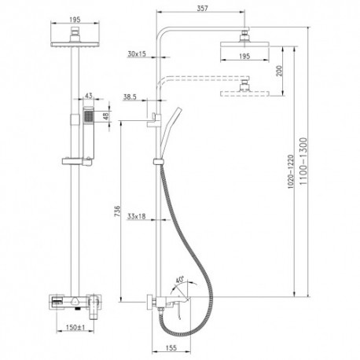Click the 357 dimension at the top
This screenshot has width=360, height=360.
click(202, 8)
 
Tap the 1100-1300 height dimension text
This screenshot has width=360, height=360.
click(303, 161)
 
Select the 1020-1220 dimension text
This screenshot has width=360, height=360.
click(291, 171)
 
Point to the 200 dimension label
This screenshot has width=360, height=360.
click(279, 71)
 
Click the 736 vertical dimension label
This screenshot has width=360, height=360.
click(117, 211)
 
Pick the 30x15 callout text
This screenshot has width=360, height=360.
click(137, 54)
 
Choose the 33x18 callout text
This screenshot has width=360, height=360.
click(136, 216)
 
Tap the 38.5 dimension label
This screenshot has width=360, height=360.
click(130, 97)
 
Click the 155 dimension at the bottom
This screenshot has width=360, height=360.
click(171, 347)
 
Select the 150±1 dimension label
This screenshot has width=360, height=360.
click(75, 327)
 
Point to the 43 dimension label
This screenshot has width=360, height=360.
click(89, 96)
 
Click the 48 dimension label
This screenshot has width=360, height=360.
click(106, 116)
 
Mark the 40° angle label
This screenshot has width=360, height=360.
click(180, 280)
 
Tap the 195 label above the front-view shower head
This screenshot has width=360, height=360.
click(75, 20)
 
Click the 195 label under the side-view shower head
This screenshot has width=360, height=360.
click(244, 56)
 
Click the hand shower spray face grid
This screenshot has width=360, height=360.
click(89, 116)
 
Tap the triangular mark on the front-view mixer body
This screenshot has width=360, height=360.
click(75, 301)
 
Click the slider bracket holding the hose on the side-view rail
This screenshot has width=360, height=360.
click(157, 162)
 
